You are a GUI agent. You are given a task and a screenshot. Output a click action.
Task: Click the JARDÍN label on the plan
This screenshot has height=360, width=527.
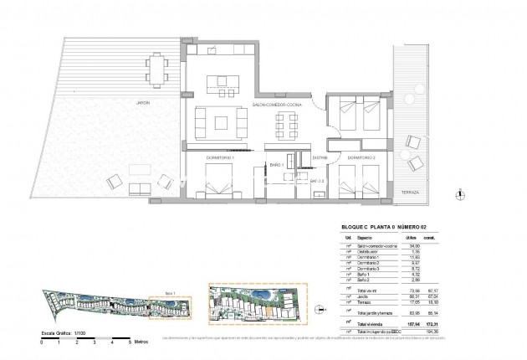123,103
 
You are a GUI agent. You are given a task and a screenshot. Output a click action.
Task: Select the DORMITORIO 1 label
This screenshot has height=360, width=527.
221,157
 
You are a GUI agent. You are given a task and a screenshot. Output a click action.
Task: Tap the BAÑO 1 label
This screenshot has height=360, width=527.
277,165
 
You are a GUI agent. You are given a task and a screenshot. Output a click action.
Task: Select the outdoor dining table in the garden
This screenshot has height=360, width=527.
156,66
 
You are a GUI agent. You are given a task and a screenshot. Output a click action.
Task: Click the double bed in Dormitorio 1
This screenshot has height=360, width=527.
221,181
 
